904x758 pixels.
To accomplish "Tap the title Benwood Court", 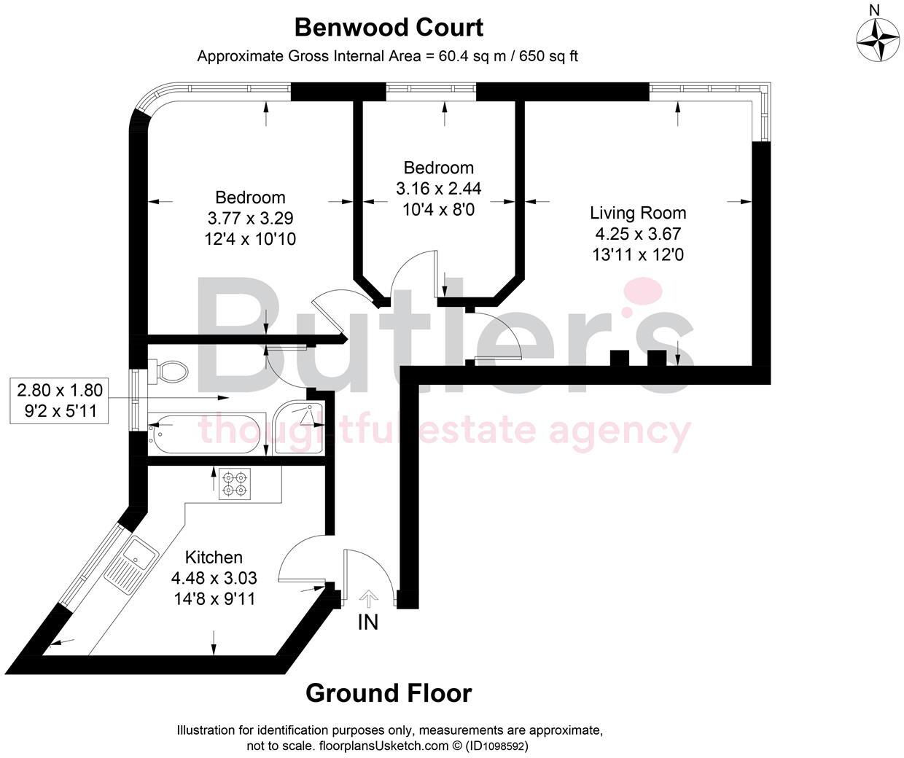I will pyautogui.click(x=389, y=28).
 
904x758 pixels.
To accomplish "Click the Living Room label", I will pyautogui.click(x=638, y=213).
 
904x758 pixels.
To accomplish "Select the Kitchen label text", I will pyautogui.click(x=214, y=558).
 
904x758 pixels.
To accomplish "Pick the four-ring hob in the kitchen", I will pyautogui.click(x=234, y=484).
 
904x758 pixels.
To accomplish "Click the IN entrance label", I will pyautogui.click(x=369, y=622).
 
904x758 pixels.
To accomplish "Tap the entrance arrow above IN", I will pyautogui.click(x=369, y=598).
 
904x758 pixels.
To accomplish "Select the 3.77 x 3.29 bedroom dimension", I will pyautogui.click(x=250, y=218).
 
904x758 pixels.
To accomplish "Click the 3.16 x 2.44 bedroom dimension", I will pyautogui.click(x=438, y=189).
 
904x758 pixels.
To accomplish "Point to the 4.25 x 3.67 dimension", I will pyautogui.click(x=638, y=234).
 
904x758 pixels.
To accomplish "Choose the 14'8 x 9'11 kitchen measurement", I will pyautogui.click(x=214, y=599).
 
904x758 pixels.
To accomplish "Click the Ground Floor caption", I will pyautogui.click(x=389, y=692).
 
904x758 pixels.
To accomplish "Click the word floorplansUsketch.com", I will pyautogui.click(x=382, y=746).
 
